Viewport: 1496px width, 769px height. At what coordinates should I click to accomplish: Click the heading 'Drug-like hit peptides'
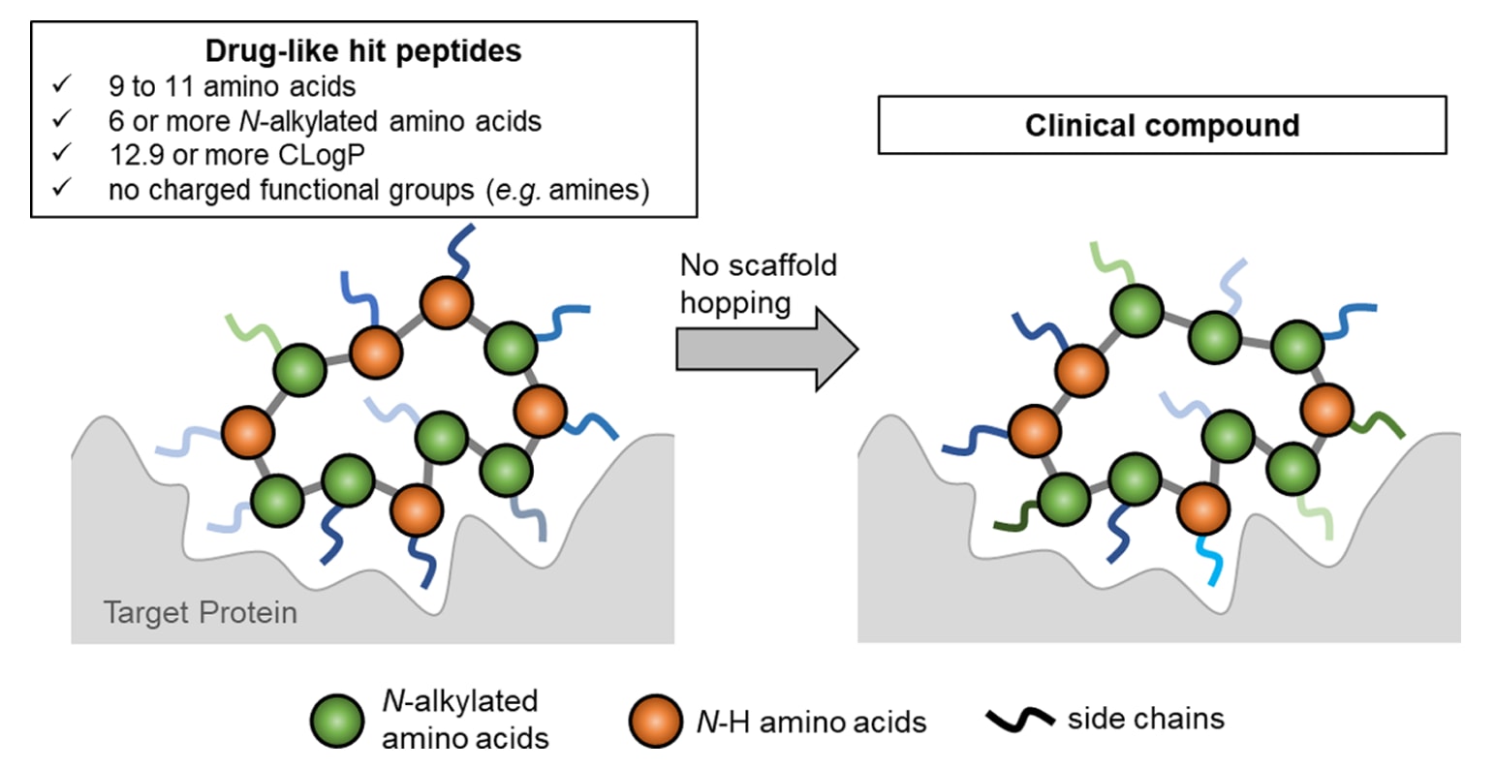click(363, 50)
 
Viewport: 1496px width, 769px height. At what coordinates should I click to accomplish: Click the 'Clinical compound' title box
click(1161, 125)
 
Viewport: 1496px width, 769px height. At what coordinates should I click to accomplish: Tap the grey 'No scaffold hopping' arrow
click(765, 349)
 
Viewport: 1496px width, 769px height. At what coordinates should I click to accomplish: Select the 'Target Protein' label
click(200, 613)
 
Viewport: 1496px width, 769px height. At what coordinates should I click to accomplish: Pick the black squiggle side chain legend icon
click(1019, 719)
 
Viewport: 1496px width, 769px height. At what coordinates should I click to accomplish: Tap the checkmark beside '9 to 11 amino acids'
click(62, 85)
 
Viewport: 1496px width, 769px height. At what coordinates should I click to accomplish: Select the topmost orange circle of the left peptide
click(447, 303)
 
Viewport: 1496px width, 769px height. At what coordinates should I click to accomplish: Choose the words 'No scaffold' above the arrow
click(758, 265)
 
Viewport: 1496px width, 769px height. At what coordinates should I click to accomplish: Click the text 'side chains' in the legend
click(1145, 719)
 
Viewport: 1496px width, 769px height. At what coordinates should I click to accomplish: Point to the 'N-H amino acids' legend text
click(811, 722)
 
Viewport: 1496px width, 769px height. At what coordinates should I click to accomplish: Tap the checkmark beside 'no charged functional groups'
click(62, 188)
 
